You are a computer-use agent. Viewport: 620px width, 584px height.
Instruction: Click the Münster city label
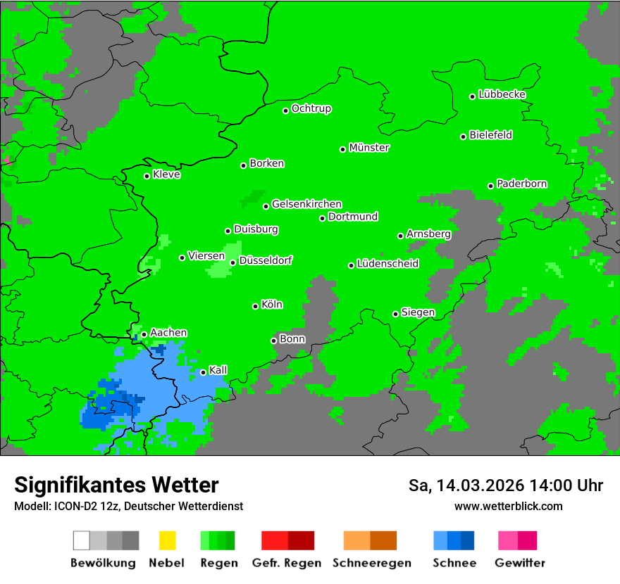pos(369,148)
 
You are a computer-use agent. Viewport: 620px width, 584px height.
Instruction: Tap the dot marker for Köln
pos(256,306)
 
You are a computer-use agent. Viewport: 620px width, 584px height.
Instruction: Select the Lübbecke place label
pos(502,94)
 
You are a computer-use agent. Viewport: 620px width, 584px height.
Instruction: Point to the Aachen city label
pos(168,333)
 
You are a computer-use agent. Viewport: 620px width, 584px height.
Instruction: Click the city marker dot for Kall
pos(204,372)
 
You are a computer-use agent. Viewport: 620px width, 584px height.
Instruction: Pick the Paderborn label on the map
pos(521,184)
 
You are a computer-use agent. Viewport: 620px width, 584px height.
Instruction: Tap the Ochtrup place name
pos(311,109)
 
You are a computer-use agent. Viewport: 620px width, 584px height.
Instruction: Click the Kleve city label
pos(166,174)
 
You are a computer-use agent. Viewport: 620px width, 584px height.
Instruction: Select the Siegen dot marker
pos(396,314)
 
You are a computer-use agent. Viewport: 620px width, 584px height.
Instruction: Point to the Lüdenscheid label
pos(387,264)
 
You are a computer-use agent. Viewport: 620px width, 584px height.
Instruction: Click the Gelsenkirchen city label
pos(306,204)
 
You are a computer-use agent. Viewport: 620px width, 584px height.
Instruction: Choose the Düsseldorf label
pos(266,260)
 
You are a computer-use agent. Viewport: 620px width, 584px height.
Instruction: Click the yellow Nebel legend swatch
pos(167,540)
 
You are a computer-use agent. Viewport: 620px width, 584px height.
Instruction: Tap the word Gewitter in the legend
pos(520,563)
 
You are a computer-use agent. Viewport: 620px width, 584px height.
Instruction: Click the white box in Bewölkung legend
pos(81,540)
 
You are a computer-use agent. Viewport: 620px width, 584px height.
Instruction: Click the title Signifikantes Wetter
pos(116,485)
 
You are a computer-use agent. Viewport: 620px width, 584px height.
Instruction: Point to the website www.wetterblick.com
pos(508,506)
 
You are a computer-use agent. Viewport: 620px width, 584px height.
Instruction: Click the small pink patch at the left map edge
pos(7,161)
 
